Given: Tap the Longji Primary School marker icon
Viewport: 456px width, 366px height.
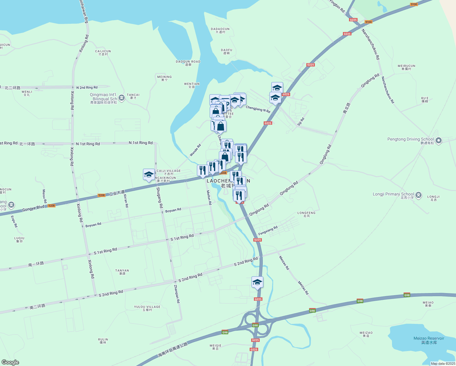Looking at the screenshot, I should pyautogui.click(x=419, y=195).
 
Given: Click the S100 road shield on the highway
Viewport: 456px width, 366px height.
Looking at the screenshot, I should pyautogui.click(x=368, y=22).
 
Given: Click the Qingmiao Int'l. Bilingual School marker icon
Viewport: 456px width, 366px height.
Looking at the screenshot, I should pyautogui.click(x=122, y=98).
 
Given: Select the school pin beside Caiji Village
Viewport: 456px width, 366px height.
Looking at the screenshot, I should pyautogui.click(x=149, y=175).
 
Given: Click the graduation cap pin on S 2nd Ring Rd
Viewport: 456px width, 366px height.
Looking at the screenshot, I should pyautogui.click(x=257, y=282).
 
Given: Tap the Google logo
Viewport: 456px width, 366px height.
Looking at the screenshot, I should pyautogui.click(x=10, y=362).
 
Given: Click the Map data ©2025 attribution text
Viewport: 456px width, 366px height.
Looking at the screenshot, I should pyautogui.click(x=443, y=364).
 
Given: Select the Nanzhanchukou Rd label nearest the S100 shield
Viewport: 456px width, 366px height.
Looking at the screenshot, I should pyautogui.click(x=371, y=45).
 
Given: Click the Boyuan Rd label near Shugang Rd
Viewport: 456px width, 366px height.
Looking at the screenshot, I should pyautogui.click(x=173, y=210).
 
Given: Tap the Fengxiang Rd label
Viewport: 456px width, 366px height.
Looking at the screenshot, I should pyautogui.click(x=268, y=230).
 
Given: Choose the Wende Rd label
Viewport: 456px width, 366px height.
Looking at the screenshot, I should pyautogui.click(x=195, y=150).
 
